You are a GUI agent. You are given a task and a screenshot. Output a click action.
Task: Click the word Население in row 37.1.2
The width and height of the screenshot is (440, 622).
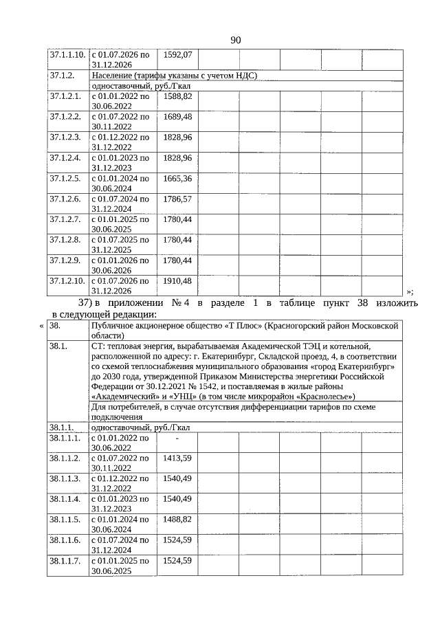click(x=113, y=76)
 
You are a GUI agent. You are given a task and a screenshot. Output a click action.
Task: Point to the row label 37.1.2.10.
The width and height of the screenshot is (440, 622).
click(x=67, y=282)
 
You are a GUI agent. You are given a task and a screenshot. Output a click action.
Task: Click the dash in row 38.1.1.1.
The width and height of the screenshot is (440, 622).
click(x=177, y=438)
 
